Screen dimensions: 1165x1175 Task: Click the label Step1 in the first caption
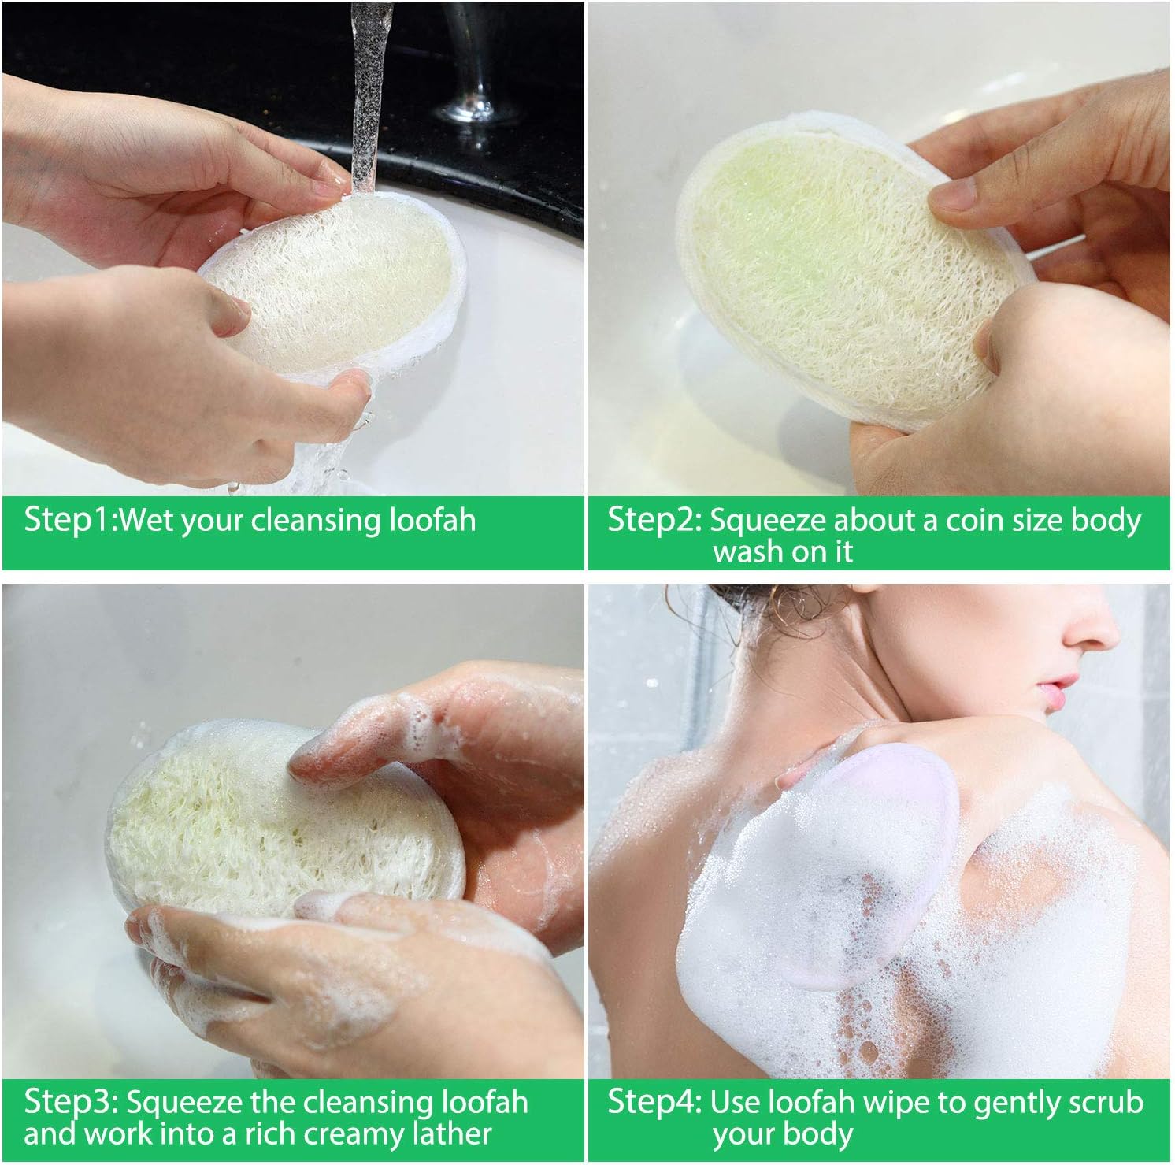tap(69, 521)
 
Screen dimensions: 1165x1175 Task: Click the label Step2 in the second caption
tap(654, 521)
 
